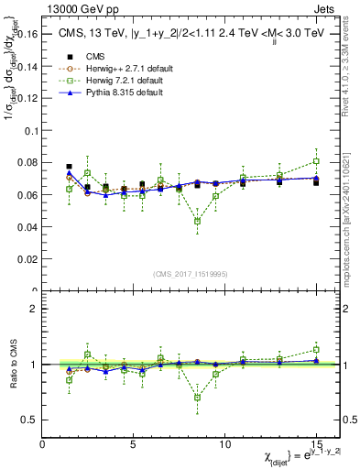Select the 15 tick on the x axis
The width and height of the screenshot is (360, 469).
316,442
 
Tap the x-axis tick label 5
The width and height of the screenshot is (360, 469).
134,442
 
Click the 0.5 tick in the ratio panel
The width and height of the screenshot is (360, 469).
29,420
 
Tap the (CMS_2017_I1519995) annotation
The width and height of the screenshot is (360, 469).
186,272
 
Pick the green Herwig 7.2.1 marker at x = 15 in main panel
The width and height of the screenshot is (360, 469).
316,161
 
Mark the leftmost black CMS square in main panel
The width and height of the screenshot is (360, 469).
70,167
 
